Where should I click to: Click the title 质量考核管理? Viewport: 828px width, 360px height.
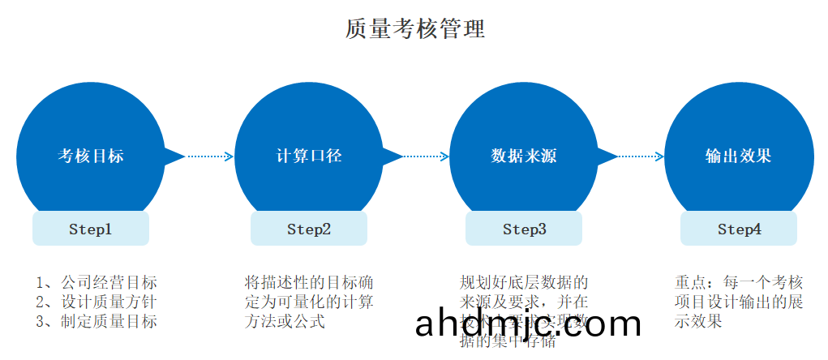(414, 29)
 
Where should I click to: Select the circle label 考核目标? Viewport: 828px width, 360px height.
(91, 156)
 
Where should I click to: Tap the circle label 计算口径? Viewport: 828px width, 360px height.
(309, 156)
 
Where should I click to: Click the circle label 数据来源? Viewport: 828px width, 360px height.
(524, 156)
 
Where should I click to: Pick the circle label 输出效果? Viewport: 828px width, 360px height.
(738, 156)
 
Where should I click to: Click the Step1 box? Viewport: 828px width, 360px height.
(91, 229)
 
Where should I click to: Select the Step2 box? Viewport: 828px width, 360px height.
(309, 229)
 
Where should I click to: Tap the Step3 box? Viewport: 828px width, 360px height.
(524, 229)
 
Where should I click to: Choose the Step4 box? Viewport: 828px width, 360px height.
(739, 229)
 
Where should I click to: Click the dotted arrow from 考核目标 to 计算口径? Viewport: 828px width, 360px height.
(210, 156)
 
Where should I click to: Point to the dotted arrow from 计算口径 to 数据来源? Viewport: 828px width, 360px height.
(427, 156)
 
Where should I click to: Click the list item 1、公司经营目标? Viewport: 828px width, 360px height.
(97, 283)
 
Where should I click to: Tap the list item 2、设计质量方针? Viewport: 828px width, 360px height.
(97, 302)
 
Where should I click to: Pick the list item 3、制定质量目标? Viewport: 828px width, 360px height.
(97, 322)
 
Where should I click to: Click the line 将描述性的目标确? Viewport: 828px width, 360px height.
(309, 283)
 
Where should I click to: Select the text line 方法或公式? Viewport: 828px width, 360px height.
(285, 322)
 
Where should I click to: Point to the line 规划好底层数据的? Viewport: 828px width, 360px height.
(524, 283)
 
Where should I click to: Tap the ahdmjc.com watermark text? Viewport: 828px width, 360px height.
(528, 324)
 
